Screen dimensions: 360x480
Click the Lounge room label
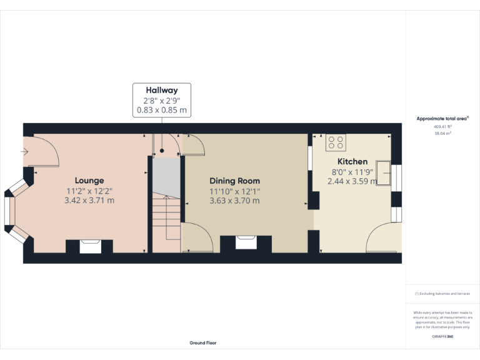(x=89, y=181)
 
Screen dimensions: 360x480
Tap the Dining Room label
(x=234, y=181)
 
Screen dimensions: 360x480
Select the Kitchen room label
(x=352, y=161)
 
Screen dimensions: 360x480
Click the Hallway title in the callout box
(x=162, y=91)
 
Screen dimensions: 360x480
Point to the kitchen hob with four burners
(x=336, y=143)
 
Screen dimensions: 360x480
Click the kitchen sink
(x=382, y=173)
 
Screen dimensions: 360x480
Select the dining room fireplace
(x=246, y=241)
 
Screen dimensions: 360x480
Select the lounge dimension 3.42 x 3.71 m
(x=89, y=201)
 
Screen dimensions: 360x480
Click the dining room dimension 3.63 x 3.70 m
(x=234, y=201)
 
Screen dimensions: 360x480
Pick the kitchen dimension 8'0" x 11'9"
(x=352, y=172)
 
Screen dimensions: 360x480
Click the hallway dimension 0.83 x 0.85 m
(x=162, y=110)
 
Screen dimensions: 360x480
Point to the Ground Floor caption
(x=203, y=342)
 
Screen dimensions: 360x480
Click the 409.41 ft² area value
(x=442, y=126)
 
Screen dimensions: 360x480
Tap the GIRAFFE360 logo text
(x=442, y=337)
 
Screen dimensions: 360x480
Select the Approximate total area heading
(x=442, y=118)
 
